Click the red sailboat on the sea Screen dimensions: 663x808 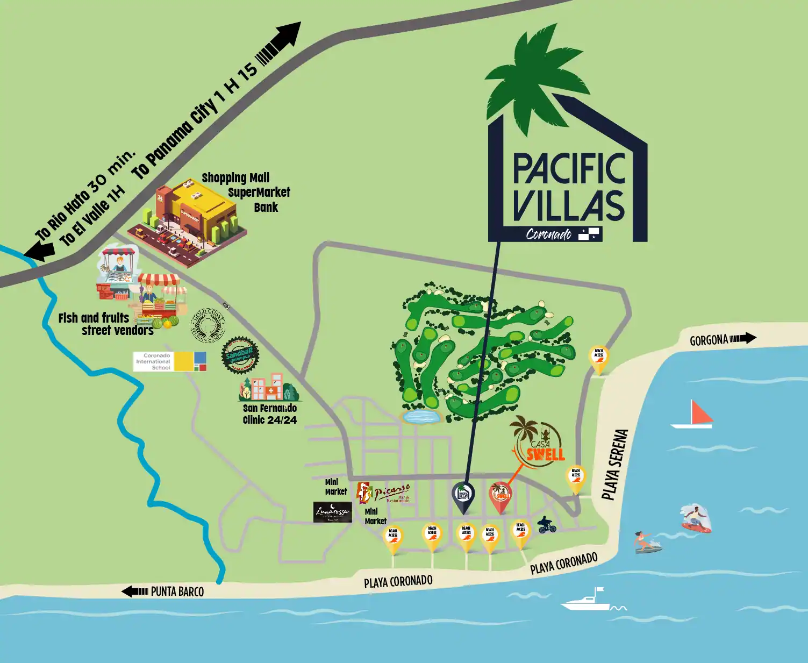[693, 415]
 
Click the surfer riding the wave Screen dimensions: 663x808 [696, 518]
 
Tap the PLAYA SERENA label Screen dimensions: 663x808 [614, 465]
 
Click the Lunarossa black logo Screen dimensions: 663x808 [332, 512]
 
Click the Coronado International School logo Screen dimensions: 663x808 [170, 361]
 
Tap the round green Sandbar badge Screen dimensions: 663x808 [240, 355]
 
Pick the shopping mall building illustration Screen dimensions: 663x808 [188, 220]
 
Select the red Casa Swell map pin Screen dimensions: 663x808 [500, 495]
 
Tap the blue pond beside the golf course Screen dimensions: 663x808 [421, 416]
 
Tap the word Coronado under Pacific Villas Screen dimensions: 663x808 [548, 234]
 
